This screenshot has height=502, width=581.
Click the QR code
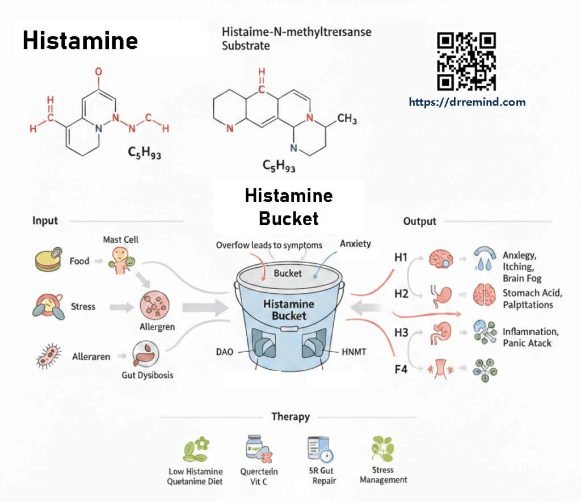466,62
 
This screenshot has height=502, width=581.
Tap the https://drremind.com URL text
467,103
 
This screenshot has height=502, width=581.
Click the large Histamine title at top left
80,41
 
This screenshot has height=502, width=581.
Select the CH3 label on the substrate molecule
347,120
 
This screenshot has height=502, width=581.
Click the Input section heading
45,221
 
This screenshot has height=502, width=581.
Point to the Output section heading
419,221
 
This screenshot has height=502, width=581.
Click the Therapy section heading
290,417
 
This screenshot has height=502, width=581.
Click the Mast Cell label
120,239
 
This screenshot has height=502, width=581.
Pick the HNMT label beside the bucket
355,352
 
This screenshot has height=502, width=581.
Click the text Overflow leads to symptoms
269,246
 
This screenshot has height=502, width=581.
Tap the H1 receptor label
401,257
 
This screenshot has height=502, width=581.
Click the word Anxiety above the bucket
355,244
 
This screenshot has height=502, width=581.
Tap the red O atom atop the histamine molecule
99,72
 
